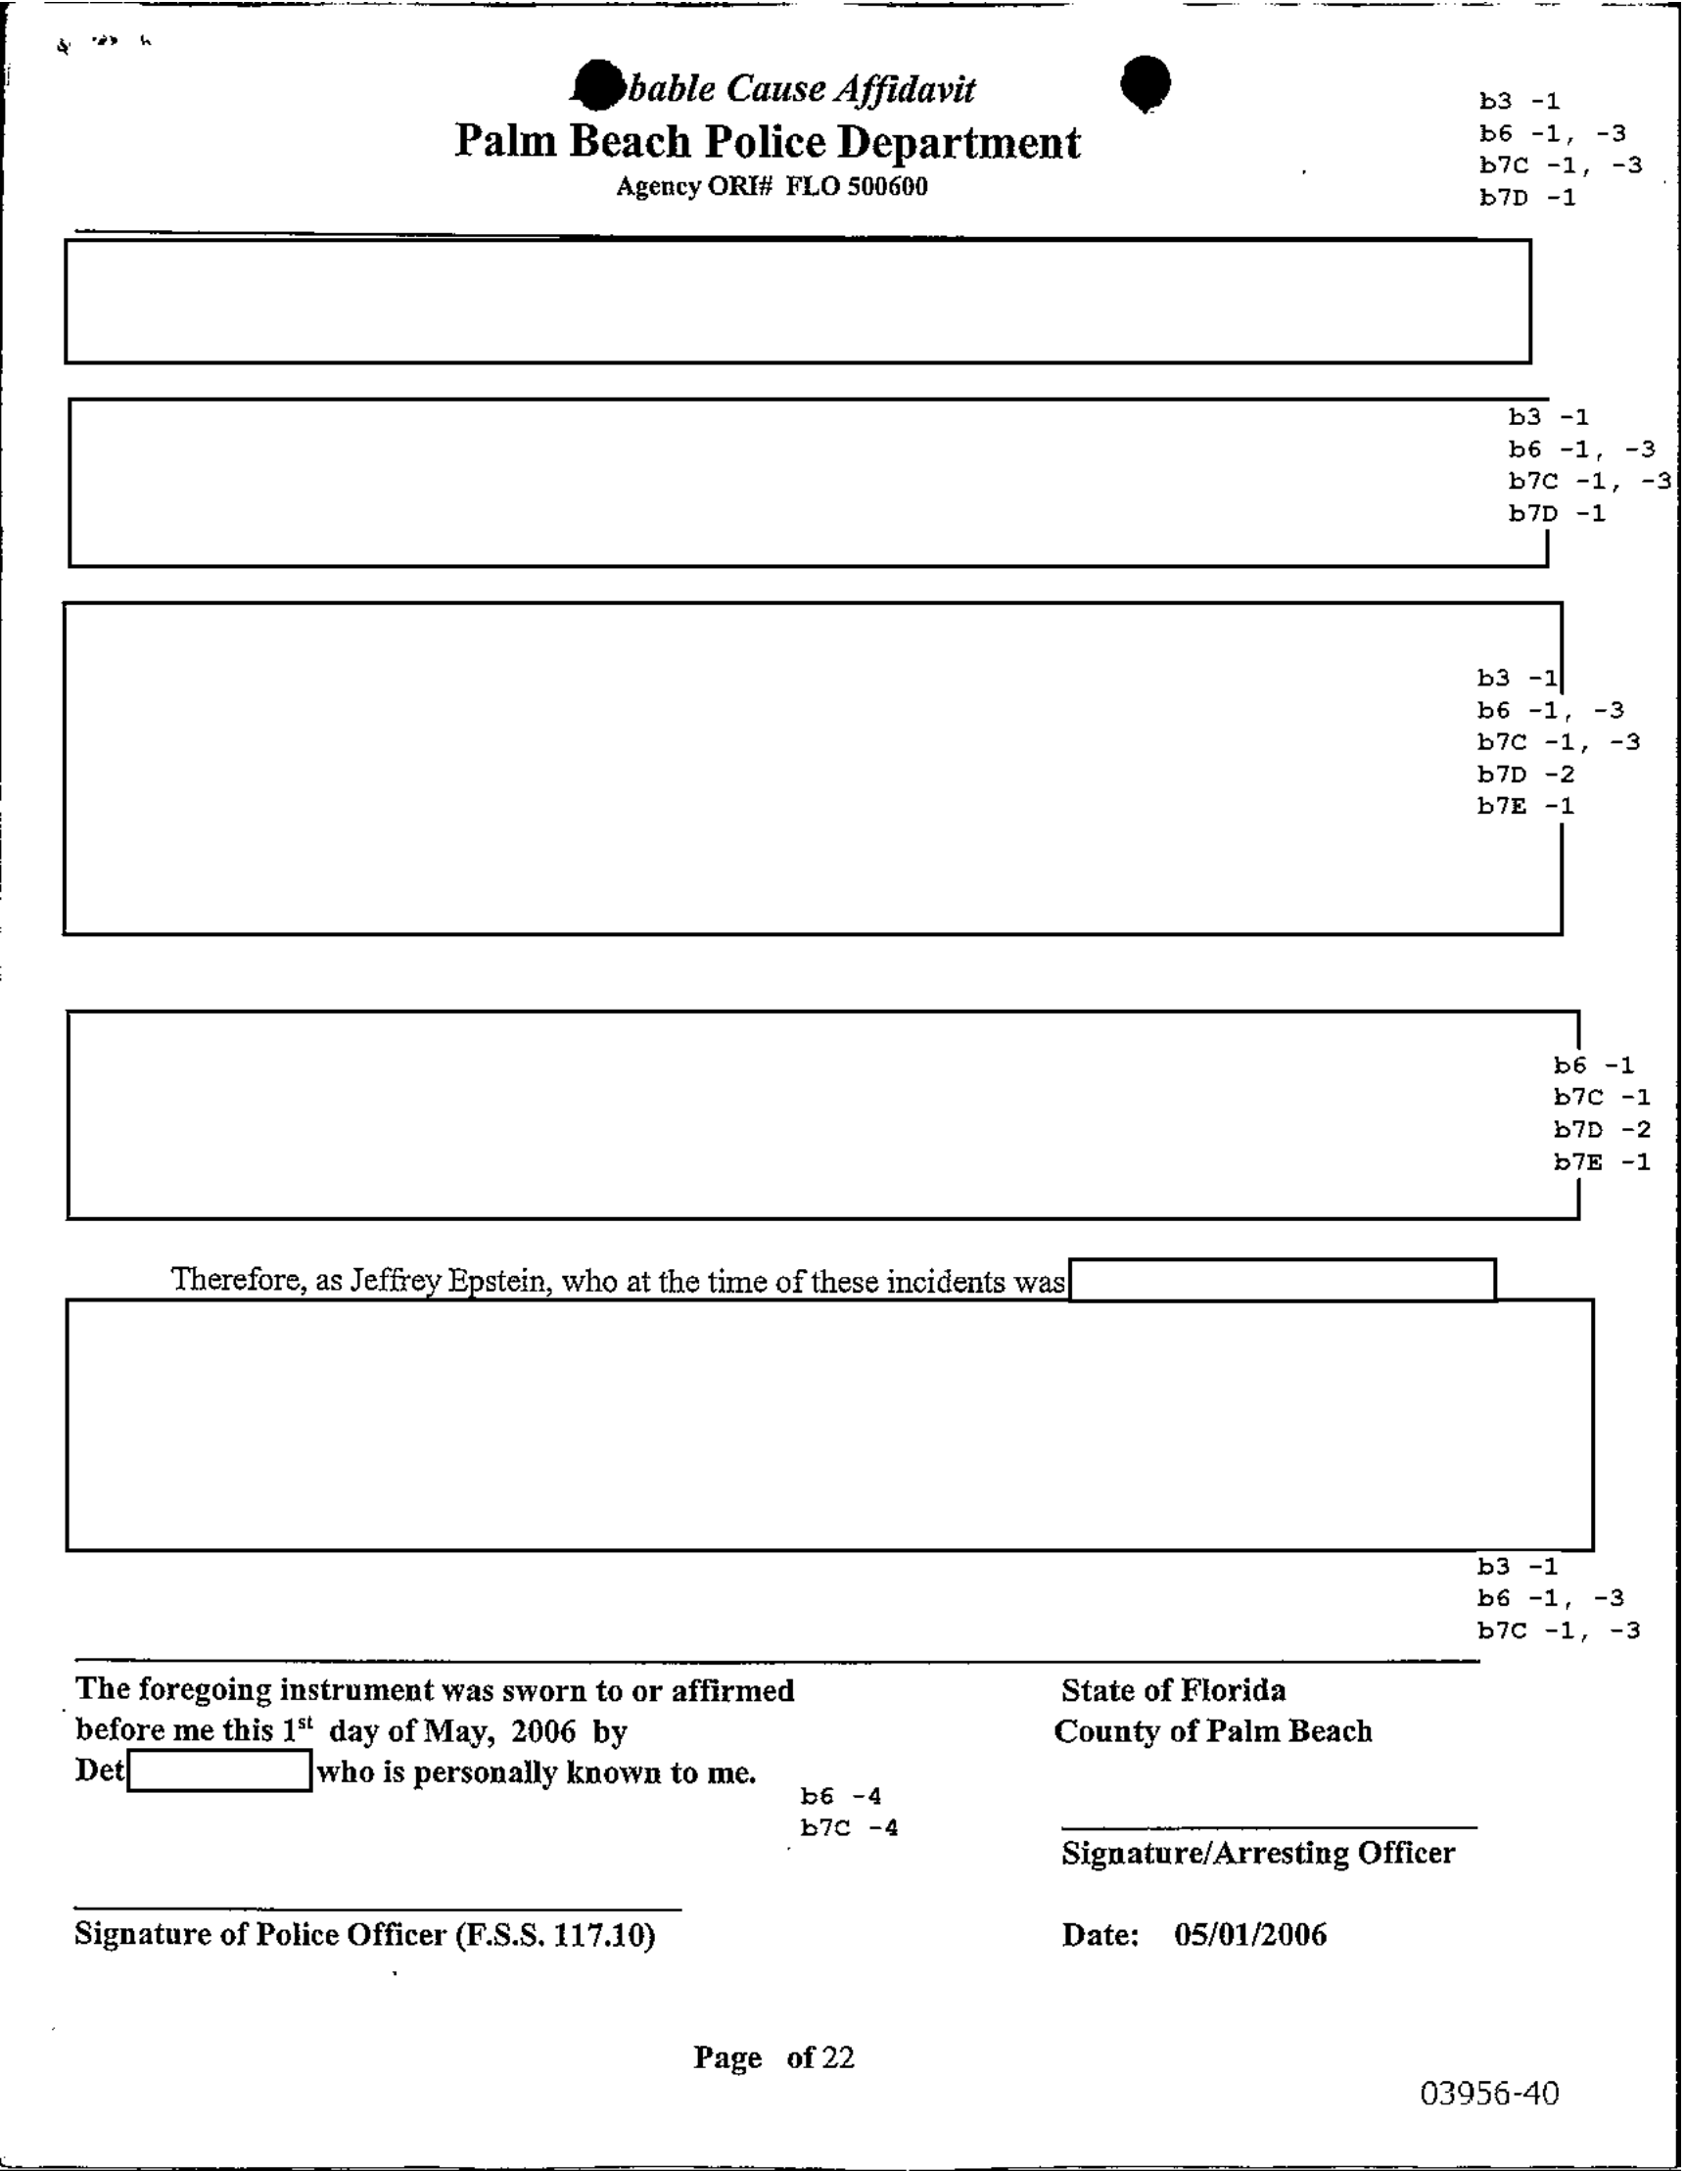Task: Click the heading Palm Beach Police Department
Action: coord(767,142)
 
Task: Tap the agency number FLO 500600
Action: coord(856,187)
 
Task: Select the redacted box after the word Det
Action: coord(219,1770)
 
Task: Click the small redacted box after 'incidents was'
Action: coord(1282,1279)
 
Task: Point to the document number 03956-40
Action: coord(1488,2093)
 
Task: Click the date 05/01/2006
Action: coord(1249,1934)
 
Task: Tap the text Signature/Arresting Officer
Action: coord(1257,1853)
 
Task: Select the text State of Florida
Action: coord(1173,1690)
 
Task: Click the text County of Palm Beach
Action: coord(1213,1730)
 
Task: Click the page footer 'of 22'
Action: coord(820,2056)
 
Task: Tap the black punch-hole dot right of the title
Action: coord(1146,82)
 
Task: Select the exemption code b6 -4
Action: coord(841,1796)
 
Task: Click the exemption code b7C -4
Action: coord(849,1828)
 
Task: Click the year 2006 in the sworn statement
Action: coord(542,1731)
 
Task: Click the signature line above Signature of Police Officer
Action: coord(378,1910)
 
